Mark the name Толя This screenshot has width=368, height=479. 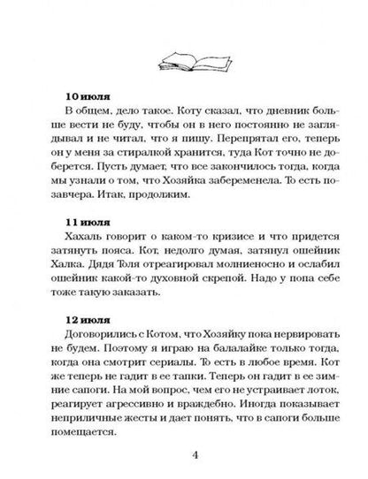[130, 256]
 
